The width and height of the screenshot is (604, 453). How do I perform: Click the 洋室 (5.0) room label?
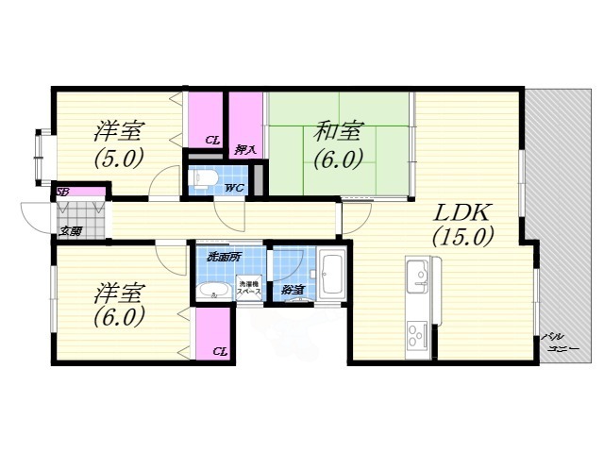click(x=118, y=143)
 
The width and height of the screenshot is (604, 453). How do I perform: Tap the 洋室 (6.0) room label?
click(x=118, y=304)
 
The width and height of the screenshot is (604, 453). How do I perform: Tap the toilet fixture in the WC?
click(x=203, y=177)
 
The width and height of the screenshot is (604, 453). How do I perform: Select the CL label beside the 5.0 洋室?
click(x=212, y=141)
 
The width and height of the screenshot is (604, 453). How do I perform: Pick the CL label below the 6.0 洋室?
click(x=219, y=351)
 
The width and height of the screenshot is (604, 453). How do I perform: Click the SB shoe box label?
click(x=62, y=193)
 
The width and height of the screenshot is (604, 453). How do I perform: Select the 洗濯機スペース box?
click(x=249, y=288)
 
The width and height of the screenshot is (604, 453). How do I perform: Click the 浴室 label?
click(x=292, y=290)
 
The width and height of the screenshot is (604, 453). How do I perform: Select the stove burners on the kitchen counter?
click(x=416, y=332)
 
